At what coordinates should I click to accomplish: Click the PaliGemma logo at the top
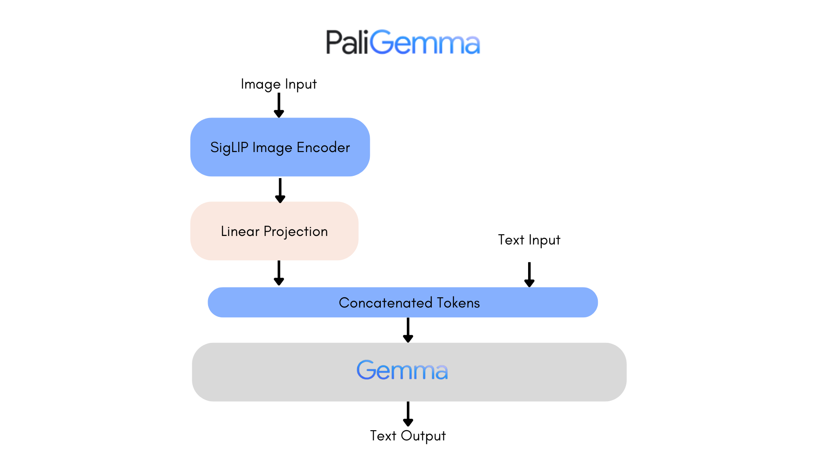point(403,43)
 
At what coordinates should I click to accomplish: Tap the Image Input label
point(279,84)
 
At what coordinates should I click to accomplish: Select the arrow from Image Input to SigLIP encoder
point(279,105)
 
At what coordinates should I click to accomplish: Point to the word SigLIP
point(229,147)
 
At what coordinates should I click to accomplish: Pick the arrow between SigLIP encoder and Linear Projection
point(280,190)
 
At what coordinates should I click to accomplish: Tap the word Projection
point(295,231)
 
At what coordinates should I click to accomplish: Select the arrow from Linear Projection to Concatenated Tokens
point(279,273)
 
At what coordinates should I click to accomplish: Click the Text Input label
point(529,240)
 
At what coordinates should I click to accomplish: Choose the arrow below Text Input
point(529,274)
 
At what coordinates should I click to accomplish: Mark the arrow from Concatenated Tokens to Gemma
point(408,330)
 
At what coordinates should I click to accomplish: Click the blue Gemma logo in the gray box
point(402,370)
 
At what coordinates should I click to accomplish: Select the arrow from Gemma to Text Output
point(408,414)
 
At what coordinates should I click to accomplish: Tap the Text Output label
point(408,436)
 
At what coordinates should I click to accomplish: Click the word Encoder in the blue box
point(323,147)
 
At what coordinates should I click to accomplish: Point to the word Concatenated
point(385,302)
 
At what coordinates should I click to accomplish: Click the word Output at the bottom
point(423,436)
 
